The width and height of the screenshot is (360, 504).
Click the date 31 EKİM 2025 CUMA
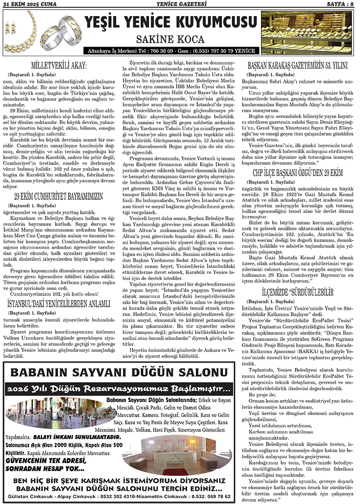point(31,4)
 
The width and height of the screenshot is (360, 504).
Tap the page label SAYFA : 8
point(340,4)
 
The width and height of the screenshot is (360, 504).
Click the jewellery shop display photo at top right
point(308,33)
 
